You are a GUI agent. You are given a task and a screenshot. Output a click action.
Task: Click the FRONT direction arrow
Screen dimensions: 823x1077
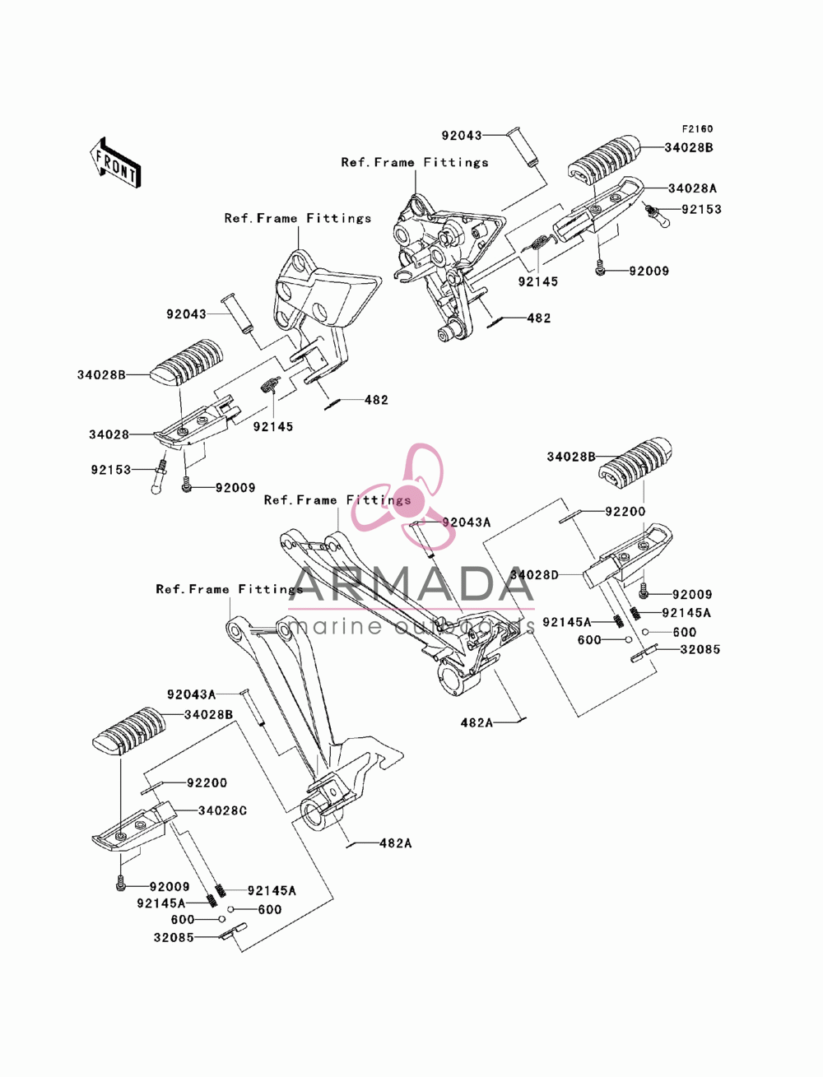point(116,163)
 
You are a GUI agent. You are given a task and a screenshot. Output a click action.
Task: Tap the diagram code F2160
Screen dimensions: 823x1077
point(697,129)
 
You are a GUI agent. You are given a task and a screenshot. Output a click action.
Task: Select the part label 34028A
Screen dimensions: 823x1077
point(692,188)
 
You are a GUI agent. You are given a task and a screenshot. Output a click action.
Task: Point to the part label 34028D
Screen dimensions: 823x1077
point(534,575)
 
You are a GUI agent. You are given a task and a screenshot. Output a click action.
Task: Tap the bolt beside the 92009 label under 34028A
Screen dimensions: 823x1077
point(599,269)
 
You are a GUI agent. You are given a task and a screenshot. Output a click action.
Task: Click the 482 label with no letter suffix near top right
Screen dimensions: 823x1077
point(538,318)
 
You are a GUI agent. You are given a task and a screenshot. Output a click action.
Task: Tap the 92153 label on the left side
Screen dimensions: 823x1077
point(111,470)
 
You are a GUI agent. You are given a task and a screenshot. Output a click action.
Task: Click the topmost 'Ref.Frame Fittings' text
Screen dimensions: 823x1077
point(415,162)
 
